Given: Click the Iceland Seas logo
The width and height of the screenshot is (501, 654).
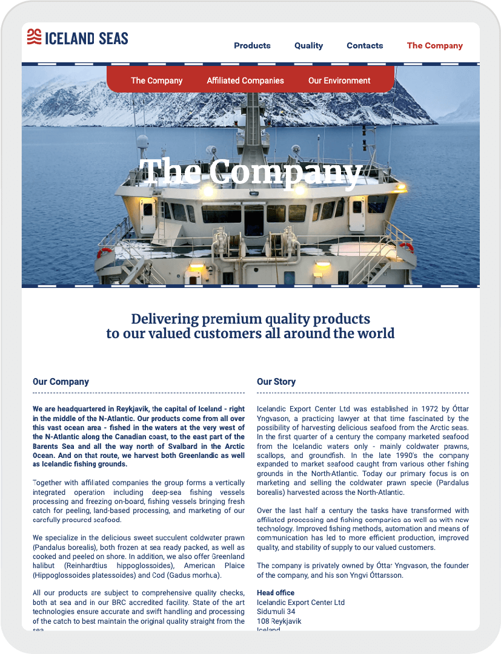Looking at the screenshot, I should (x=78, y=38).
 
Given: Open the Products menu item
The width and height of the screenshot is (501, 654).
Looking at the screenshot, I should (x=252, y=45).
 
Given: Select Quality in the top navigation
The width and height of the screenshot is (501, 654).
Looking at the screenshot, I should (x=308, y=45).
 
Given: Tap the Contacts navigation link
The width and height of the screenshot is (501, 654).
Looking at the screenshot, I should (x=365, y=45).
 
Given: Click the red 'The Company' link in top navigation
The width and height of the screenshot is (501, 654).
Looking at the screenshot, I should (x=434, y=45).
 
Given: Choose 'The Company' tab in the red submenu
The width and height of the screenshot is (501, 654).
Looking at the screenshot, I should (x=156, y=80).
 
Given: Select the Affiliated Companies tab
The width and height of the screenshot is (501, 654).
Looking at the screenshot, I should (x=245, y=80).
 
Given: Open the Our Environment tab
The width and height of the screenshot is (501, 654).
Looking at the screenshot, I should (x=339, y=80).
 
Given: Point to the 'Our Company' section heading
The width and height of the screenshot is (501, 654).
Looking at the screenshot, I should (x=61, y=382).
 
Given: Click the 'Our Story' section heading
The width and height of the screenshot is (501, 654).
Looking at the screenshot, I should (x=276, y=382).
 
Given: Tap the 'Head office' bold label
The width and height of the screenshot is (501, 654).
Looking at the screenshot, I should (x=276, y=593).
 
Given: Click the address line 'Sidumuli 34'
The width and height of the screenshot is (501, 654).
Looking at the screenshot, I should (x=276, y=612).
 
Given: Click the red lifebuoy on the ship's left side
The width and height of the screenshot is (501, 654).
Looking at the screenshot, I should (x=105, y=252).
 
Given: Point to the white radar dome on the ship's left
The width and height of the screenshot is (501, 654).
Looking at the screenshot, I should (x=142, y=143).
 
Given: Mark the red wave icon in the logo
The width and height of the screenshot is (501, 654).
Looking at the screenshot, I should (x=34, y=37).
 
